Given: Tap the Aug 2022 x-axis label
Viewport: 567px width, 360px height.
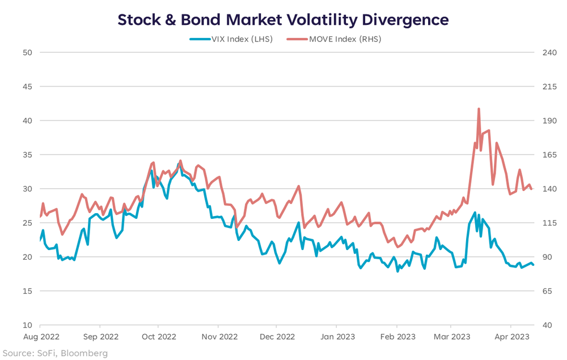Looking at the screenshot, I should tap(40, 336).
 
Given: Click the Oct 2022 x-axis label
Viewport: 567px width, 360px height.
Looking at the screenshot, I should tap(159, 336).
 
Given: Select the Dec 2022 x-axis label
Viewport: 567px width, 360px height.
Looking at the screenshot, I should tap(276, 336).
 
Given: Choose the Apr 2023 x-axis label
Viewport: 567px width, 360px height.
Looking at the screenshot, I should tap(511, 336).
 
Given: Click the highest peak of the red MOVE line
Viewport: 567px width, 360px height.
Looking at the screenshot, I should tap(479, 109).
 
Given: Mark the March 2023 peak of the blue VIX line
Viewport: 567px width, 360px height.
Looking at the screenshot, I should tap(475, 213).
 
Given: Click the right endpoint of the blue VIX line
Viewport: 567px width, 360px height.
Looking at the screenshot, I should tap(533, 265).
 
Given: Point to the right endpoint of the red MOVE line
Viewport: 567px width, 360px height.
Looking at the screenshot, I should tap(532, 189).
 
